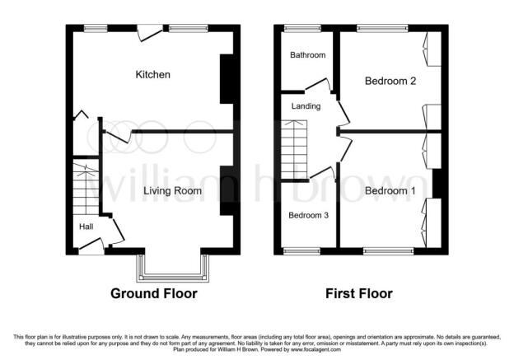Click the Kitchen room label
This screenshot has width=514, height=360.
(x=152, y=74)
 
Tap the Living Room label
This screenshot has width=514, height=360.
(x=172, y=191)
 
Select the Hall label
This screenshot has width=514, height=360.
(x=86, y=227)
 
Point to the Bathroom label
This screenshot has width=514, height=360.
(x=307, y=54)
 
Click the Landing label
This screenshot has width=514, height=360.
(x=306, y=106)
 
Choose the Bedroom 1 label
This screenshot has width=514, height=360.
(x=390, y=190)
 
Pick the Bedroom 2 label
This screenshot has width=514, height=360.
(x=390, y=81)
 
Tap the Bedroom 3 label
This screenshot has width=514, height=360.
(x=308, y=215)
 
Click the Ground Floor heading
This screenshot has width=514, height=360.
(x=154, y=293)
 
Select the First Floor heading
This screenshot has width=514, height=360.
(x=359, y=293)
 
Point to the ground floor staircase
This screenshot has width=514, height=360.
(x=86, y=187)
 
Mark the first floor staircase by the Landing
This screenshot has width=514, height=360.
(x=294, y=150)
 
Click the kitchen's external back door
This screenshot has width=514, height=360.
(x=149, y=33)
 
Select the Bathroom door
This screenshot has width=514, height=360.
(x=319, y=84)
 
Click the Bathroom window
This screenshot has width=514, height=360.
(x=302, y=29)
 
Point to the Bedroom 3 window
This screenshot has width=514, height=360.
(x=301, y=251)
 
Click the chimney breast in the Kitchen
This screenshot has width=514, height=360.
(x=227, y=79)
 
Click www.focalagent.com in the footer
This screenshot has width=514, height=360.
(x=315, y=350)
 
